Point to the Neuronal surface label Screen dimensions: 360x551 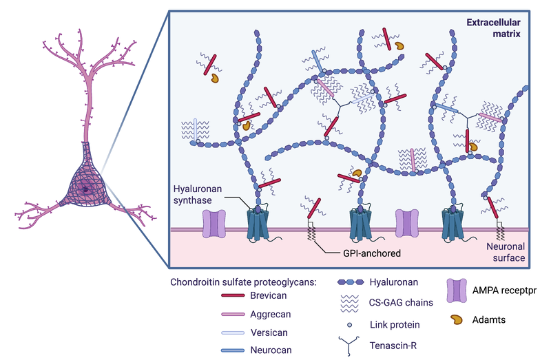click(x=506, y=251)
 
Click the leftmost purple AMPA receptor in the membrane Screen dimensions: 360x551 click(x=214, y=224)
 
